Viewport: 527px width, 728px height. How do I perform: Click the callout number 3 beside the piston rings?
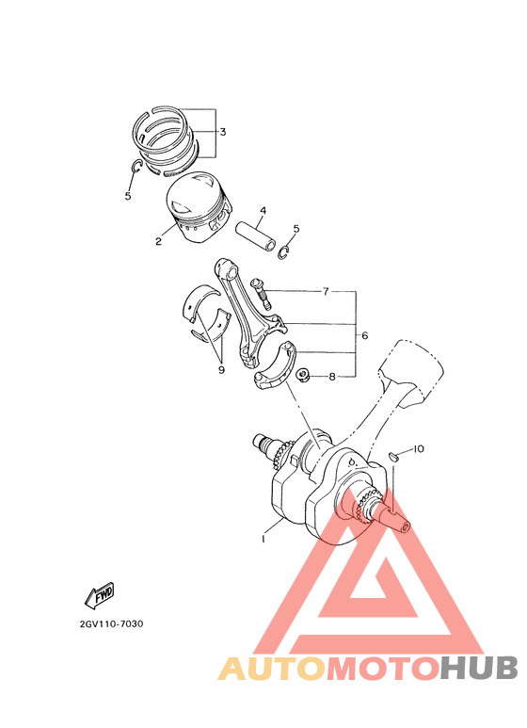(223, 132)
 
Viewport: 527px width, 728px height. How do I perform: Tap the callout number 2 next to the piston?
(159, 241)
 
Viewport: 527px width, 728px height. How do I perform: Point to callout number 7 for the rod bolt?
(325, 292)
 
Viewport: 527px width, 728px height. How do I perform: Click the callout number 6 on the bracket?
(363, 334)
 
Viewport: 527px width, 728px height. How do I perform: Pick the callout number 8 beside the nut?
(331, 377)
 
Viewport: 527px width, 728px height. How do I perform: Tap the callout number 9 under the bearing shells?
(221, 370)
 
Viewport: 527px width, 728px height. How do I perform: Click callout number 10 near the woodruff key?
(419, 449)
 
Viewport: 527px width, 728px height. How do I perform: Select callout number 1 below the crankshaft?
(264, 539)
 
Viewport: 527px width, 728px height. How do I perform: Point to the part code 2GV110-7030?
(112, 623)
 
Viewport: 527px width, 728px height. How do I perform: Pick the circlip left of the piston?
(136, 169)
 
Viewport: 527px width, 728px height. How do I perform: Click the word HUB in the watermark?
(479, 668)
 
